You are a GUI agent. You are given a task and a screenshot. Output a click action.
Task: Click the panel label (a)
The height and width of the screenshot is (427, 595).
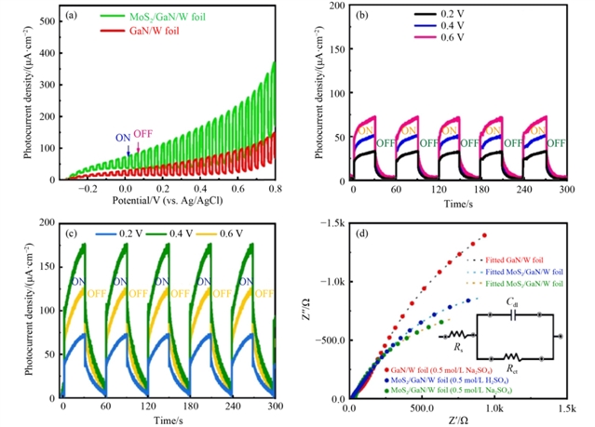(x=69, y=16)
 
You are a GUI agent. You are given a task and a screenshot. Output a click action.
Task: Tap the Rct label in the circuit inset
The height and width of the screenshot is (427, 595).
(x=513, y=367)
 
